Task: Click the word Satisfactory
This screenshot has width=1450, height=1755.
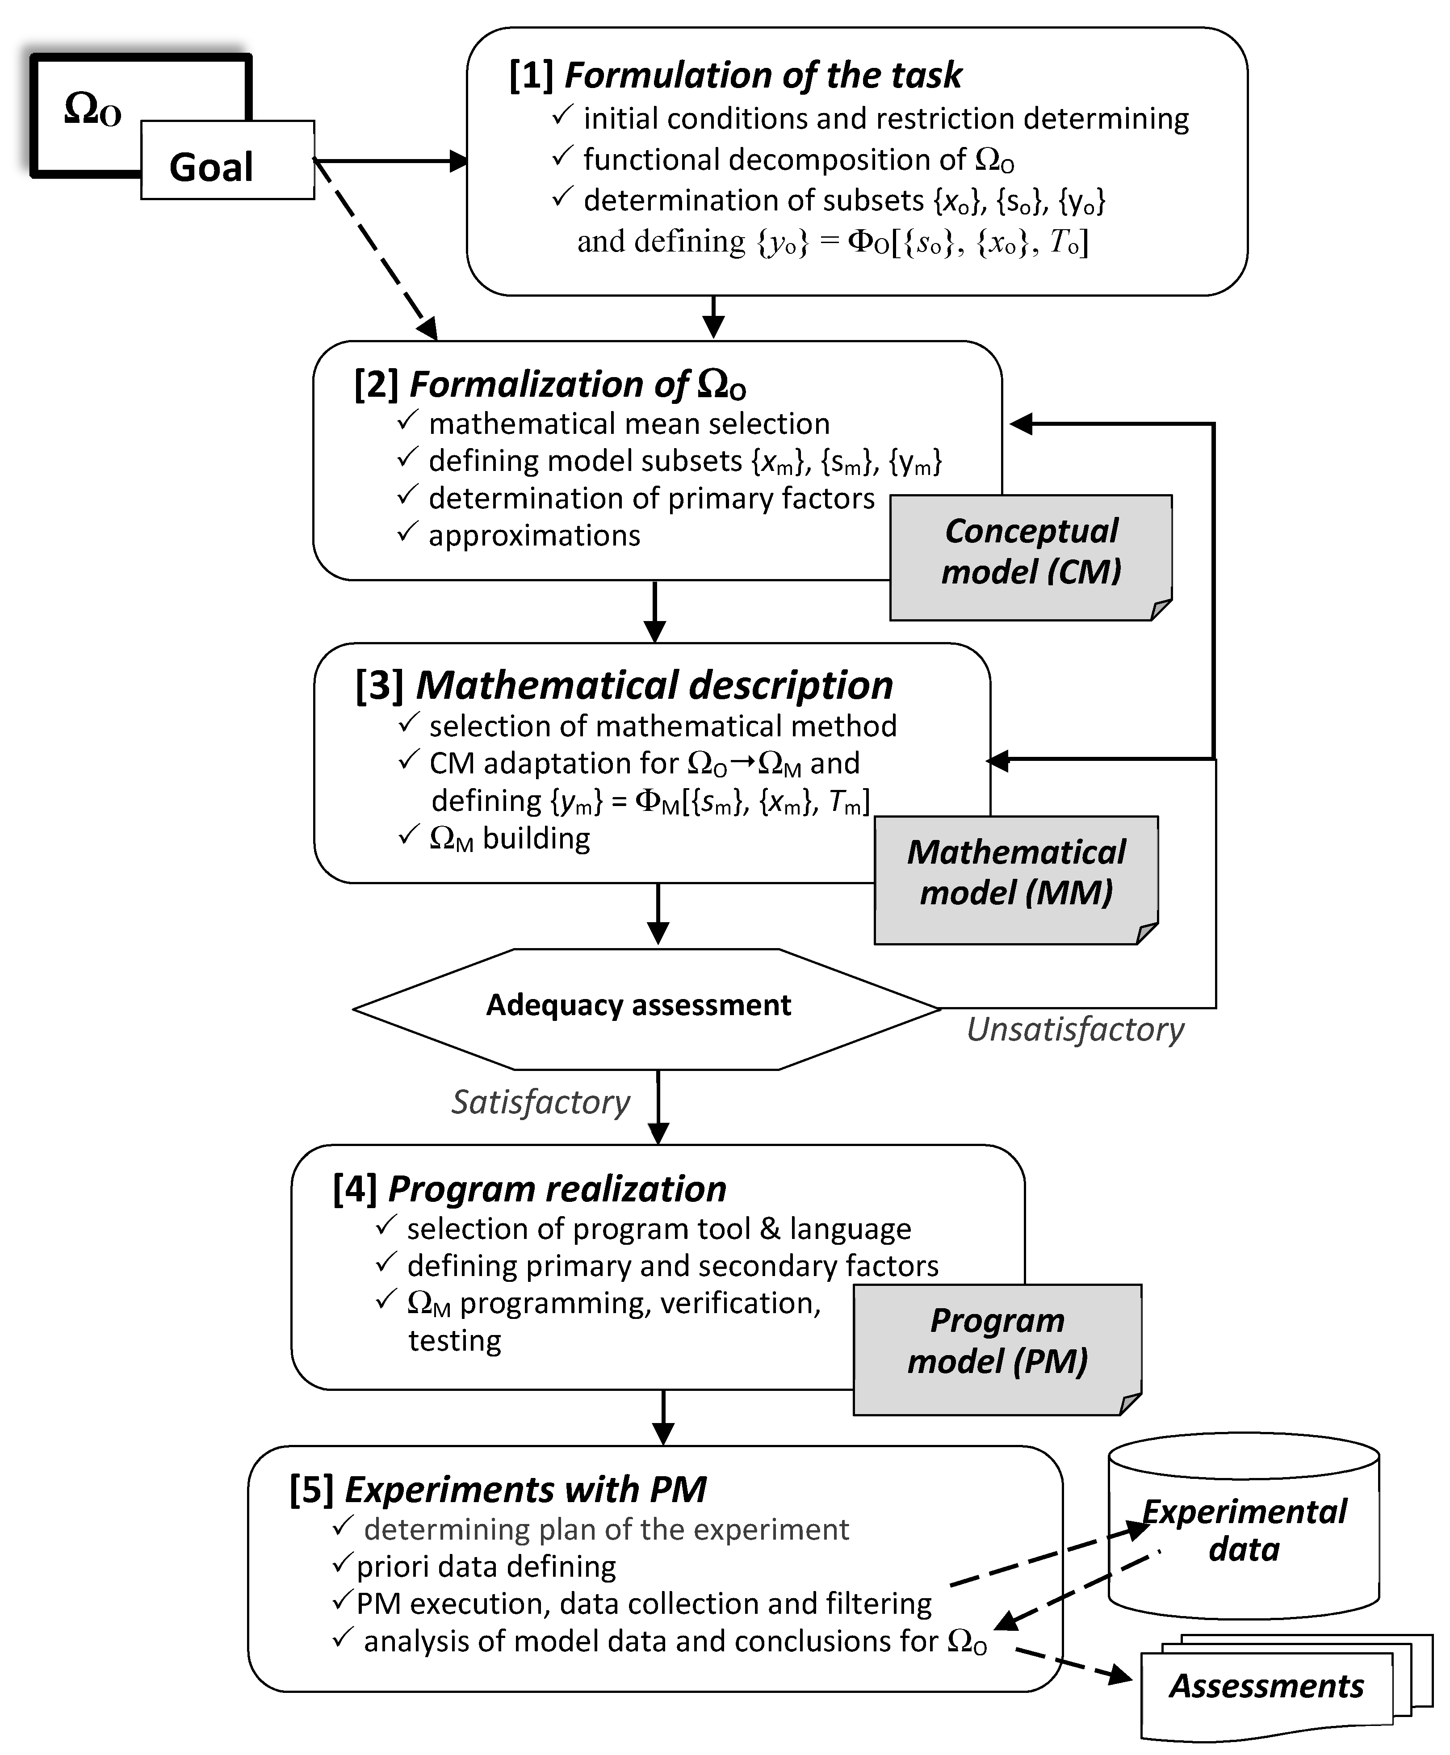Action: [x=541, y=1103]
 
